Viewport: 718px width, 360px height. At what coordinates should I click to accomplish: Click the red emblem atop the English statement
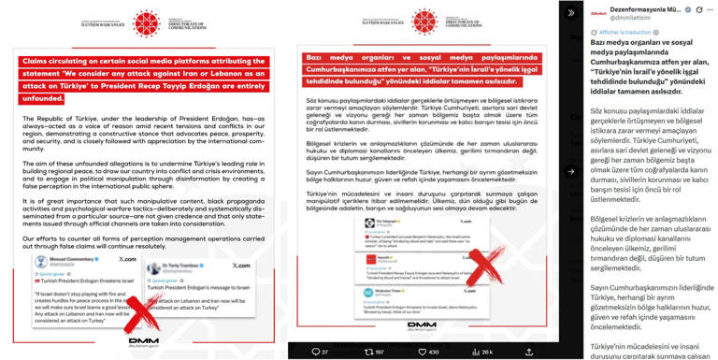coord(146,23)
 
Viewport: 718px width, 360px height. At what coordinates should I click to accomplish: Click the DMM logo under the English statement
coord(144,342)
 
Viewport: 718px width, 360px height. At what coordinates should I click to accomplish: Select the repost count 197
coord(374,352)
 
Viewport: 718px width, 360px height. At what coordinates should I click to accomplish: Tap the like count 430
coord(429,352)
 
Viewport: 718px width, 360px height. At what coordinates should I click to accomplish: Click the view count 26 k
coord(482,352)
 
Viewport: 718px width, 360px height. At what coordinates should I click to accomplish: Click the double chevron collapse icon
coord(570,13)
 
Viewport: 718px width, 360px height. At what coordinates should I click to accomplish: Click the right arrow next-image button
coord(570,171)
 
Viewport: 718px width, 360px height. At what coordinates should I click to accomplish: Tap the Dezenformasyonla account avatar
coord(598,14)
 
